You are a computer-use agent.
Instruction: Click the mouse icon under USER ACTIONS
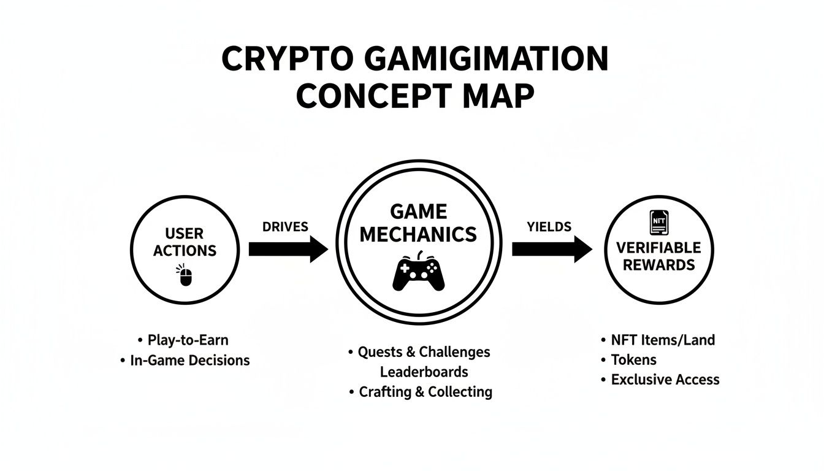186,276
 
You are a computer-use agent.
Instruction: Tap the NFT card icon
658,223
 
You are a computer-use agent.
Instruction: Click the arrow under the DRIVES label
288,249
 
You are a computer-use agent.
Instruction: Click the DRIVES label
285,226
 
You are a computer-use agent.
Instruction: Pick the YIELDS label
549,226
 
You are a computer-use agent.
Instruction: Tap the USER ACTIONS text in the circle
185,242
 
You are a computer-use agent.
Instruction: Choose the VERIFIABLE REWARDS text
658,256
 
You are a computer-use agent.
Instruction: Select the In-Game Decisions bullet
189,360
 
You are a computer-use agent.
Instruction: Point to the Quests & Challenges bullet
424,352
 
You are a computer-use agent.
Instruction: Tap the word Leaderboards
424,372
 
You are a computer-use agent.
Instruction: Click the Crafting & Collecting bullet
425,392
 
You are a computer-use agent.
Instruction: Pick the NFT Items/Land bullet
663,340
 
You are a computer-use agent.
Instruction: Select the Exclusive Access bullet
665,380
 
